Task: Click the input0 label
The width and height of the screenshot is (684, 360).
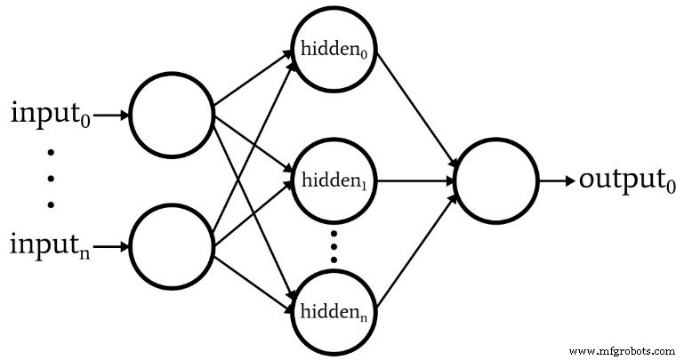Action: tap(50, 116)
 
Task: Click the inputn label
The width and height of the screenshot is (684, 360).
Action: tap(50, 243)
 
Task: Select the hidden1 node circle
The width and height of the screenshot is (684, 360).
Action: tap(334, 180)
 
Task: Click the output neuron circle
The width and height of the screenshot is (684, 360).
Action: tap(496, 180)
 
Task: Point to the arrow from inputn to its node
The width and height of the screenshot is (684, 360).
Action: tap(111, 244)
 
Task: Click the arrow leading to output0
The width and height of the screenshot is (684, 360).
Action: tap(558, 180)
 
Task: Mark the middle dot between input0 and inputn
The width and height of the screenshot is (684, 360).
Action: tap(50, 179)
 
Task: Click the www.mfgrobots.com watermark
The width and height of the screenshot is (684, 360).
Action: tap(624, 349)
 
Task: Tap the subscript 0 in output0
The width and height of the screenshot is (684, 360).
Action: tap(672, 187)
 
